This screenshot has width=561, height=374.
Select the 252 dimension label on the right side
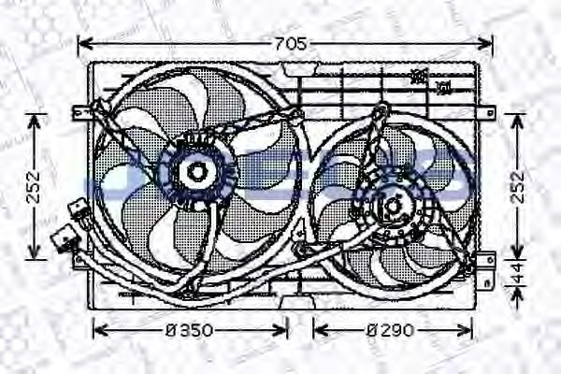point(522,186)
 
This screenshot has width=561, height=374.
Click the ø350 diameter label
point(193,329)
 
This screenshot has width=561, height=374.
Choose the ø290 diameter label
point(393,329)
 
